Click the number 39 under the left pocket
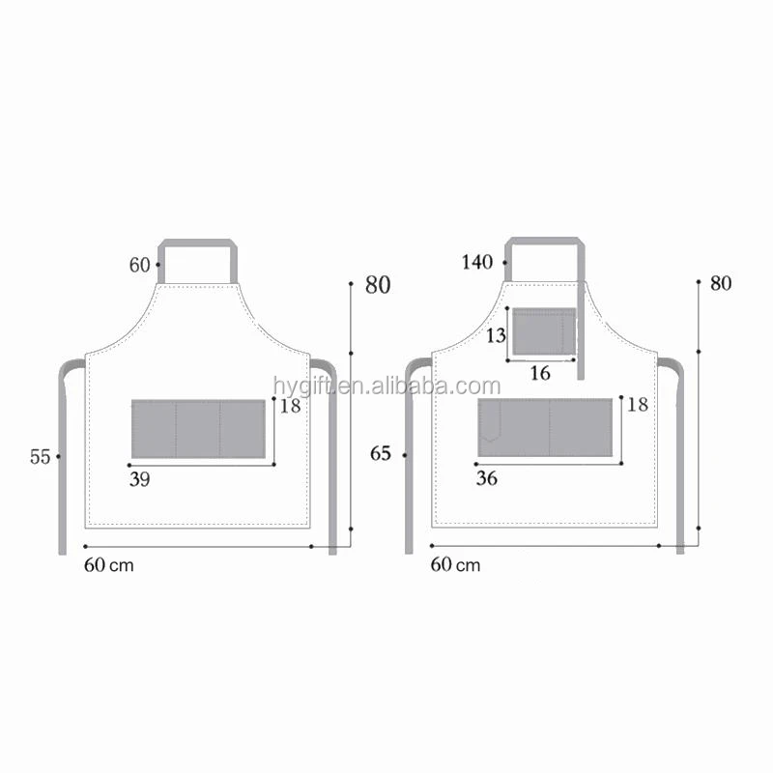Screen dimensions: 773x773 click(139, 478)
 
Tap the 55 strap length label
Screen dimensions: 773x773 click(40, 457)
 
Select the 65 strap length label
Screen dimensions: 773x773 click(382, 453)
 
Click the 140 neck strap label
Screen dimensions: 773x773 click(477, 262)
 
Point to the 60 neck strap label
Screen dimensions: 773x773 click(141, 264)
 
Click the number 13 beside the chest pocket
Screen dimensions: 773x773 click(496, 335)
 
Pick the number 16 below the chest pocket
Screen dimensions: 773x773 click(539, 373)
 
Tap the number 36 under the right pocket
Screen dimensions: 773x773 click(487, 478)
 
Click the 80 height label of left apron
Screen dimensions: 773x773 click(377, 285)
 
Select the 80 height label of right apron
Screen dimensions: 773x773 click(721, 284)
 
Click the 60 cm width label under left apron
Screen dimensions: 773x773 click(108, 565)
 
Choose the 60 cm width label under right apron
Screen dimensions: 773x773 click(455, 564)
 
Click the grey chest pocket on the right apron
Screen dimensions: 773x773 click(543, 331)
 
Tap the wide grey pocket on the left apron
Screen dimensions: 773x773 click(198, 429)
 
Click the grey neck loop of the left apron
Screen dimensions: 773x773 click(198, 242)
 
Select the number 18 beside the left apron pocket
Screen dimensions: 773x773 click(290, 407)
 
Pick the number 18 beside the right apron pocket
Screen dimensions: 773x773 click(637, 405)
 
